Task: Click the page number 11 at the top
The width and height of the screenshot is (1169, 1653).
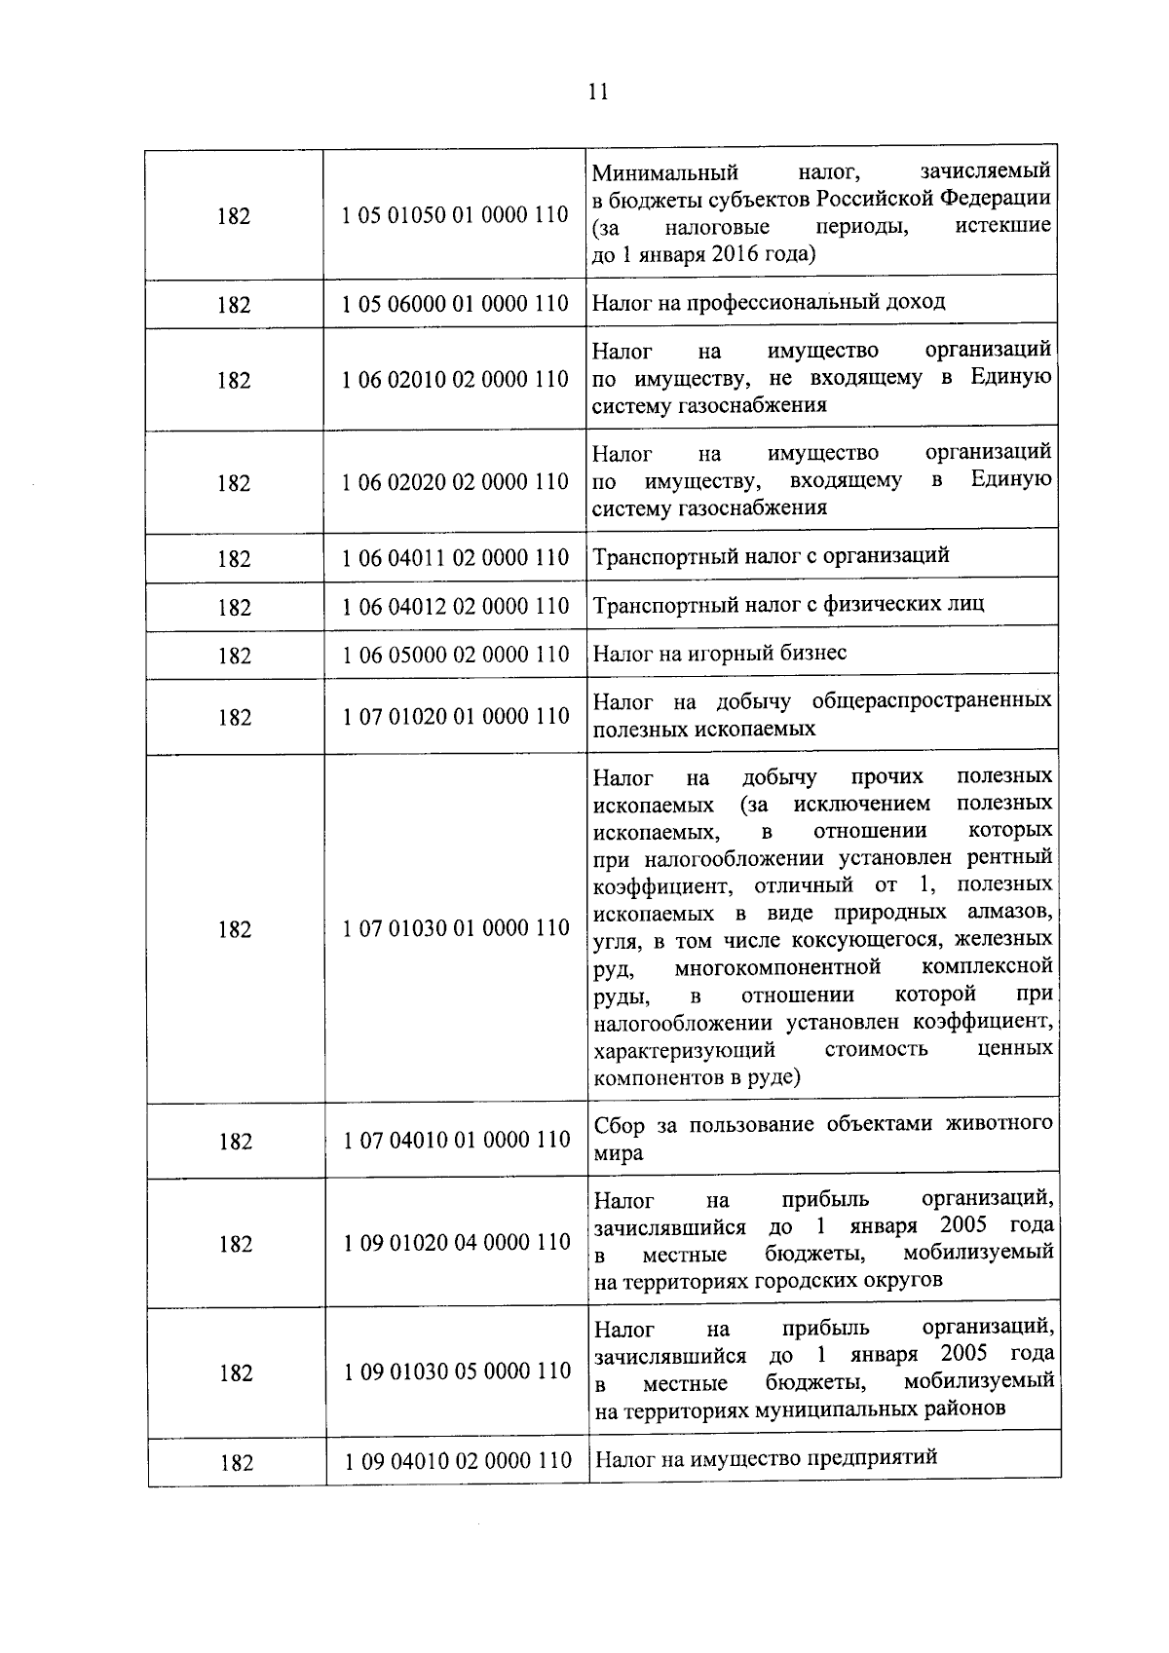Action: tap(598, 92)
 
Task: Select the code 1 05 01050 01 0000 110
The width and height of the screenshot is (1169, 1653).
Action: tap(455, 214)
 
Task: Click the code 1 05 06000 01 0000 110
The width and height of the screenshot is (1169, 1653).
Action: tap(455, 304)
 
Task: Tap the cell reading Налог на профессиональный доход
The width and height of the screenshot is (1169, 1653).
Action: tap(769, 302)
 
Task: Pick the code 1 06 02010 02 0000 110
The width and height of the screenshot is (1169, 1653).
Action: tap(455, 379)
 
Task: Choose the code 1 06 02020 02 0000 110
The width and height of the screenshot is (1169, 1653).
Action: tap(455, 482)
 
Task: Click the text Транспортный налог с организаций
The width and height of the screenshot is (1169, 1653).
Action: tap(771, 556)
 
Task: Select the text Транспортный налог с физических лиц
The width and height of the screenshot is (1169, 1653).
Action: tap(788, 604)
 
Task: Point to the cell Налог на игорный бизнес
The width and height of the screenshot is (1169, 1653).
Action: tap(720, 653)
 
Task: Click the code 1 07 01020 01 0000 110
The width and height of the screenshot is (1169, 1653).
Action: tap(455, 716)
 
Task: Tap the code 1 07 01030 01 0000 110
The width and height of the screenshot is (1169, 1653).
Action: tap(456, 928)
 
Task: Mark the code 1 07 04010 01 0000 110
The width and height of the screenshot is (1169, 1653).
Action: tap(456, 1140)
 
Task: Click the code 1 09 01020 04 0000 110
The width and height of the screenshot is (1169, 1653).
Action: tap(457, 1243)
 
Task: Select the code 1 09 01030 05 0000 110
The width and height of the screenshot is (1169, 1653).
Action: tap(457, 1371)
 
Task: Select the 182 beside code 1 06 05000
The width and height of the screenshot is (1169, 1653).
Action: tap(235, 657)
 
